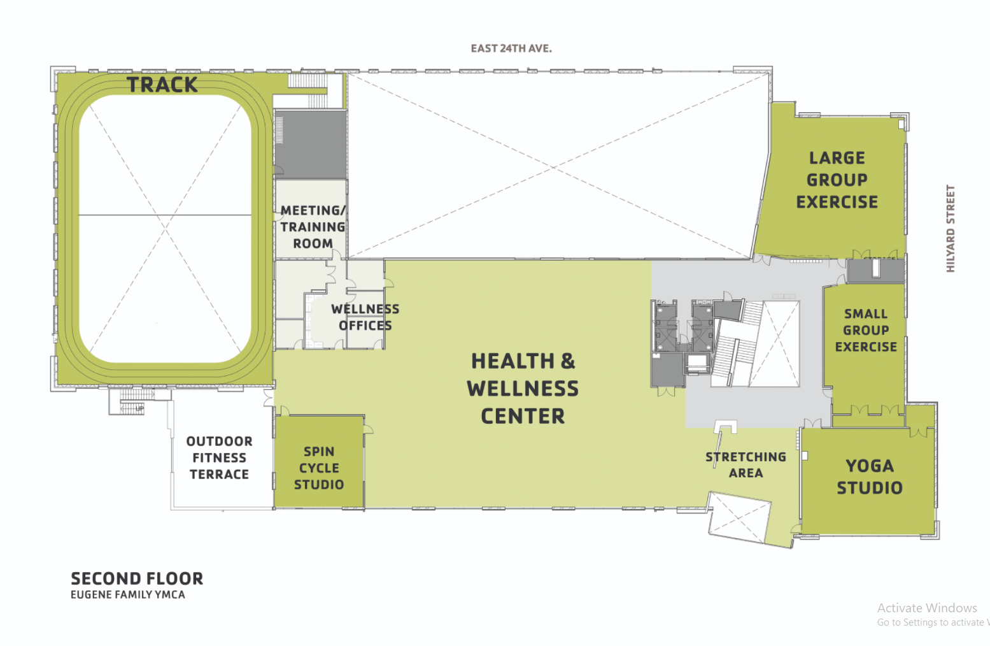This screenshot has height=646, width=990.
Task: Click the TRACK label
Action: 162,85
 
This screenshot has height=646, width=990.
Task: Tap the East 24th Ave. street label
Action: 511,48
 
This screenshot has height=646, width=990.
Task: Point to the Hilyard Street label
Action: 951,229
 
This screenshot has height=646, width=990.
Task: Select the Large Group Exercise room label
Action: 837,180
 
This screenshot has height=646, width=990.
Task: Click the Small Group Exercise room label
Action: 866,331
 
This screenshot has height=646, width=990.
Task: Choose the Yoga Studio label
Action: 869,477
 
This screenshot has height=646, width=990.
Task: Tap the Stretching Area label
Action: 746,465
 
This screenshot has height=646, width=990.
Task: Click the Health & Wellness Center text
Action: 523,389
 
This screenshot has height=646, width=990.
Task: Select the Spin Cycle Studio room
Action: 319,468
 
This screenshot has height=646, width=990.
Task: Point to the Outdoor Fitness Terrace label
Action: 219,458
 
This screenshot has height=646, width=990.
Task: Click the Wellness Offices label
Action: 365,317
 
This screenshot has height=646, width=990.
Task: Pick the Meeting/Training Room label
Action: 313,227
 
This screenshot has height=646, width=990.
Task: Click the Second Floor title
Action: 137,578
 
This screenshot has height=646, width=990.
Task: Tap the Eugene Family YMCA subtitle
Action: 128,595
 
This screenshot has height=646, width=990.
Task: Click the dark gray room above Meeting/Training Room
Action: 311,145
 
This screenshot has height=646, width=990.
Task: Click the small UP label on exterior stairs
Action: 139,408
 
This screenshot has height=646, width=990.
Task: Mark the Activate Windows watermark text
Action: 926,608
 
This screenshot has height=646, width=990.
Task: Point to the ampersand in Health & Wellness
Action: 568,361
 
